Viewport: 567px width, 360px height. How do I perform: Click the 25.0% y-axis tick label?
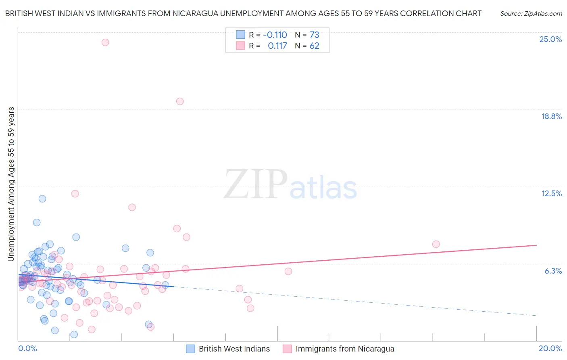(550, 39)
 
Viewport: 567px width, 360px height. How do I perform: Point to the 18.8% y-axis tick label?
(551, 116)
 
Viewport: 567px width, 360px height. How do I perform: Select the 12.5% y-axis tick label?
(551, 193)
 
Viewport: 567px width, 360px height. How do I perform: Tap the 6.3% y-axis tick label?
(553, 271)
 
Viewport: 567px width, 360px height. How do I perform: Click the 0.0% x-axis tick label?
(27, 348)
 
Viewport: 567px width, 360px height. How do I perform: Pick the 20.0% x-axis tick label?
(550, 348)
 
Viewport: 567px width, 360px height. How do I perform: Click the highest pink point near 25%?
(105, 42)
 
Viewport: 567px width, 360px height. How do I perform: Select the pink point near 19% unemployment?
(180, 101)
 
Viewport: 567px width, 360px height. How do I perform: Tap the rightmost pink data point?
(436, 244)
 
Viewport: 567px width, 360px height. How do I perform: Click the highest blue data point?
(42, 199)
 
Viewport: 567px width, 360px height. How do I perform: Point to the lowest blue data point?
(74, 335)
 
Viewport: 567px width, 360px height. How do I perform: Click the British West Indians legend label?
(234, 349)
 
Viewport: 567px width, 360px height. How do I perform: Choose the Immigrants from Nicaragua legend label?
(345, 349)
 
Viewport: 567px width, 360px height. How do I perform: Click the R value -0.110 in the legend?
(275, 35)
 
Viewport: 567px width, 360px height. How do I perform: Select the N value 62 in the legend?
(314, 46)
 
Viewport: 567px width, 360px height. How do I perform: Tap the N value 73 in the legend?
(314, 35)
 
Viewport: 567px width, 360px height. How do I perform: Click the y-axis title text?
(11, 184)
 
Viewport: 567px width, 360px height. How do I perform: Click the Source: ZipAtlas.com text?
(531, 14)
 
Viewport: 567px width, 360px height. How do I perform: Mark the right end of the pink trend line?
(536, 245)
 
